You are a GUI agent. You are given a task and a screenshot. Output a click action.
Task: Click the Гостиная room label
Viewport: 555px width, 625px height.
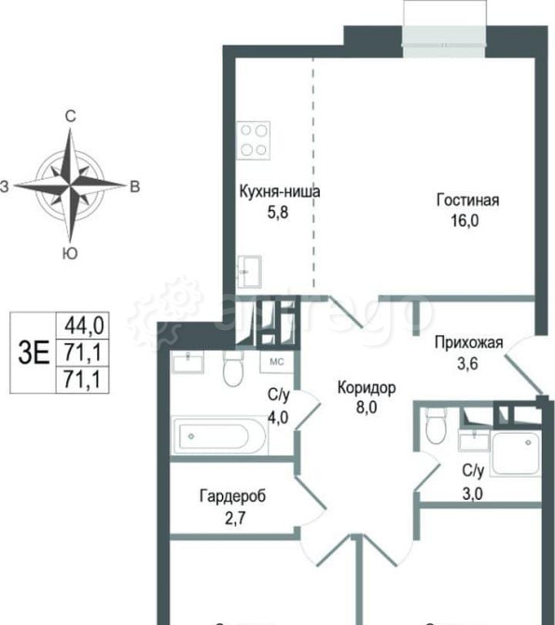click(468, 201)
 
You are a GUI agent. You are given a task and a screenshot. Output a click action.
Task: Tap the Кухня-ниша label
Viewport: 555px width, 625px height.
click(280, 192)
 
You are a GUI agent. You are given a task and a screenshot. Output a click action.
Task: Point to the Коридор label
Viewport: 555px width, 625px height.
click(367, 387)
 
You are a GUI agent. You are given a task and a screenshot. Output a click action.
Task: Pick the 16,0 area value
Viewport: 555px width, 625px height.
click(468, 222)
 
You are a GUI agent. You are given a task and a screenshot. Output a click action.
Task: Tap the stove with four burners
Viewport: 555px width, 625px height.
click(254, 140)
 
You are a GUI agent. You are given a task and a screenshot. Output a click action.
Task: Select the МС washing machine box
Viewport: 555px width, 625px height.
click(277, 360)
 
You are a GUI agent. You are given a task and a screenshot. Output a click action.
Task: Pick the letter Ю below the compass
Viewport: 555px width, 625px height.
click(69, 253)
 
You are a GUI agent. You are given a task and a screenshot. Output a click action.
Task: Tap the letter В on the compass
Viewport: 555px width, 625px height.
click(134, 187)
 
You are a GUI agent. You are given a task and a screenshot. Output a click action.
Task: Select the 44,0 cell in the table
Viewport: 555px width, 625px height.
click(84, 325)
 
